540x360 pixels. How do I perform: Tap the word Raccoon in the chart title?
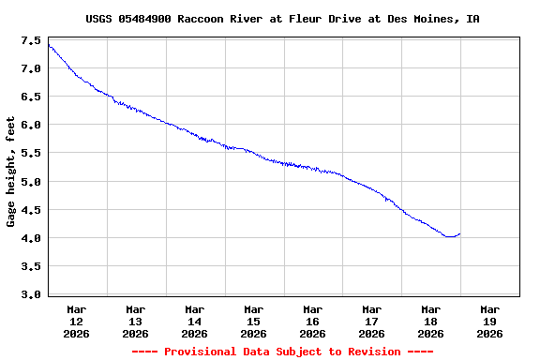[x=200, y=19]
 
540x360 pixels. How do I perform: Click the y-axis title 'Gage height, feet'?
[x=11, y=172]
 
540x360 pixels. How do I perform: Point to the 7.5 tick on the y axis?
[x=30, y=41]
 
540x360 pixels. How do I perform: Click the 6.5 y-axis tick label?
[x=30, y=97]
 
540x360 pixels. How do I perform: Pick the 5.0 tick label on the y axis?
[x=30, y=182]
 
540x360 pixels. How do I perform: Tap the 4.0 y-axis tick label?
[x=30, y=238]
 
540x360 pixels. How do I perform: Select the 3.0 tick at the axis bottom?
[x=30, y=294]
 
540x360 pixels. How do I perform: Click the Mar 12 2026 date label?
[x=77, y=321]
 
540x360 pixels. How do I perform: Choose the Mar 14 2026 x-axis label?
[x=195, y=321]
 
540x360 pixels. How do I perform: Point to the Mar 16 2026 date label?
[x=313, y=321]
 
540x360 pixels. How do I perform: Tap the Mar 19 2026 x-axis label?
[x=489, y=321]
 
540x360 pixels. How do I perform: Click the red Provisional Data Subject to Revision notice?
[x=282, y=352]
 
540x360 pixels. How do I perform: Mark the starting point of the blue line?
[x=48, y=44]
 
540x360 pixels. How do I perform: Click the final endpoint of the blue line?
[x=459, y=233]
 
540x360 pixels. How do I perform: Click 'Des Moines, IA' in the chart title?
[x=441, y=19]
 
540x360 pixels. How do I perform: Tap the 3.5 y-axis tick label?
[x=30, y=266]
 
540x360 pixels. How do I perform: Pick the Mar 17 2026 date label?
[x=372, y=321]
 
